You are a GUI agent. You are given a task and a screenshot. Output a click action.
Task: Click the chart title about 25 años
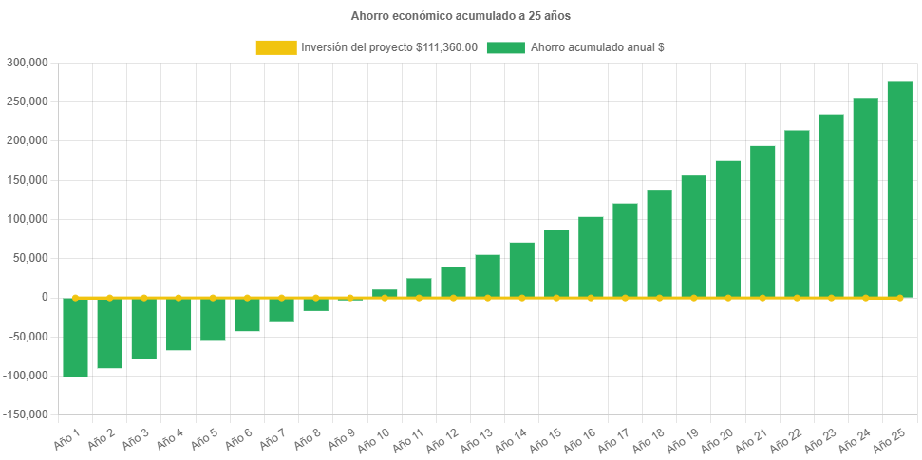point(461,16)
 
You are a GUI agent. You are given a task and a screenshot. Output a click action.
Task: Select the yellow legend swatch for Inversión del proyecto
point(275,47)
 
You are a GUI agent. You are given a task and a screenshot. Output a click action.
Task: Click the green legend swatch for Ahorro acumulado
point(505,47)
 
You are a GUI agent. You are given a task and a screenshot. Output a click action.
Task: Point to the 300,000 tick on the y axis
point(27,63)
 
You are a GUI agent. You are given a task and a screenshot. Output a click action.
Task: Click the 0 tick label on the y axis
point(44,297)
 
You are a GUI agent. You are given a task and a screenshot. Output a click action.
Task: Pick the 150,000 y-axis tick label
point(27,180)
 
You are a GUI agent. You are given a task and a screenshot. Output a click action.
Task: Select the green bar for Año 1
point(76,338)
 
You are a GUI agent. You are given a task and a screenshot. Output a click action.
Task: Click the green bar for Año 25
point(899,190)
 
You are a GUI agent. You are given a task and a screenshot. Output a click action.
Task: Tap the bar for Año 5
point(213,320)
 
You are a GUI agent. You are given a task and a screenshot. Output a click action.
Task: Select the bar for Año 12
point(453,282)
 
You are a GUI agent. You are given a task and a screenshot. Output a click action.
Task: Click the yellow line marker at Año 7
point(281,297)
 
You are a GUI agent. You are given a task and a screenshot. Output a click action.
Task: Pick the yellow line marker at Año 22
point(797,298)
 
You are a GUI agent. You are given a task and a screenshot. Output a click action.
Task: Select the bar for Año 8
point(315,304)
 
